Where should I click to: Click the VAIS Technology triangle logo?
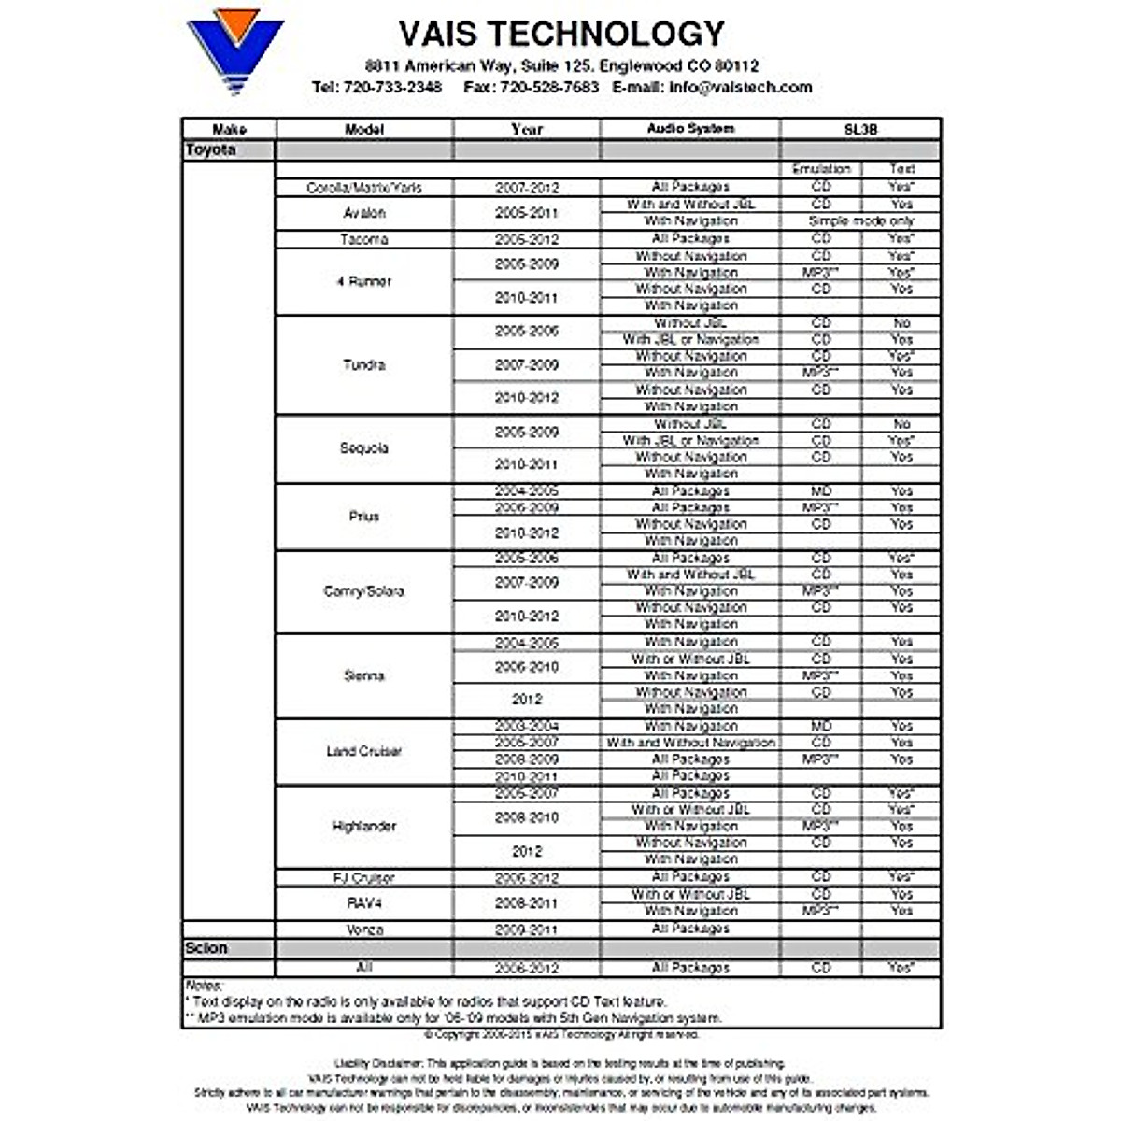tap(234, 50)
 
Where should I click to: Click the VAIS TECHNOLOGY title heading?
tap(561, 34)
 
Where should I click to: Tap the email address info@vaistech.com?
tap(740, 87)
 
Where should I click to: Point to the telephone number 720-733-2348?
tap(392, 87)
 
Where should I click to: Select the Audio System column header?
tap(690, 129)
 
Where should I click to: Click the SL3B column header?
tap(860, 129)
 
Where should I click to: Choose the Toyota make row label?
tap(211, 150)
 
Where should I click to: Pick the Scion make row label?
tap(206, 948)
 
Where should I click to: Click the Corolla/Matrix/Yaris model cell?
tap(364, 188)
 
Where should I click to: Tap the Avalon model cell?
tap(364, 213)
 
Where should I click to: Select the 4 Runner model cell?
tap(364, 281)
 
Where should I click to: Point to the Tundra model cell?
tap(364, 364)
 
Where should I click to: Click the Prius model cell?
tap(364, 516)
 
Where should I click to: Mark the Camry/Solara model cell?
tap(364, 591)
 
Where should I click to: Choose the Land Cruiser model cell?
tap(364, 751)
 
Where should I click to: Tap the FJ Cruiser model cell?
tap(364, 878)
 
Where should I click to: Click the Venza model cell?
tap(364, 929)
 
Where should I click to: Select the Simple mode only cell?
tap(861, 221)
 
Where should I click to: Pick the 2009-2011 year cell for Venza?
tap(527, 929)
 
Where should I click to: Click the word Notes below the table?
tap(204, 986)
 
